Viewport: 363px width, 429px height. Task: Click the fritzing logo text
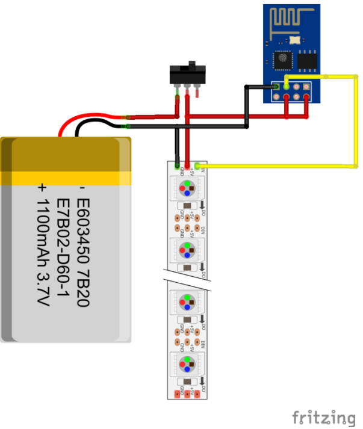pyautogui.click(x=323, y=417)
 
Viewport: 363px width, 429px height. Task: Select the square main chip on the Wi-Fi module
pyautogui.click(x=282, y=60)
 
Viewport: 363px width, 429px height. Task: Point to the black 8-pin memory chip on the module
pyautogui.click(x=307, y=60)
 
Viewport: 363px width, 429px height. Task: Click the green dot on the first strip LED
pyautogui.click(x=188, y=182)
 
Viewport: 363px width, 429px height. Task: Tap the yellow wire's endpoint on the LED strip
pyautogui.click(x=197, y=165)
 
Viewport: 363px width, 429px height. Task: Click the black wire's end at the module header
pyautogui.click(x=276, y=87)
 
